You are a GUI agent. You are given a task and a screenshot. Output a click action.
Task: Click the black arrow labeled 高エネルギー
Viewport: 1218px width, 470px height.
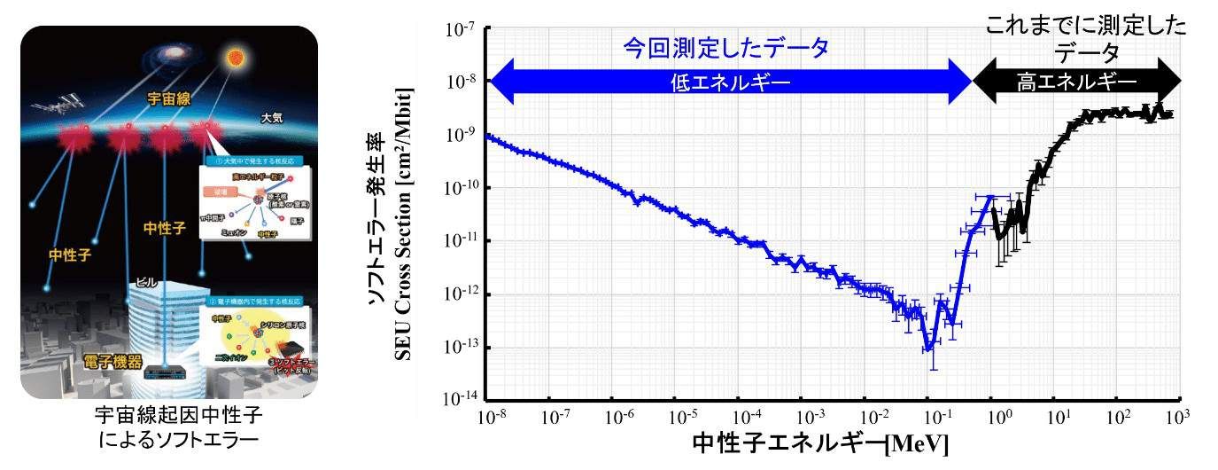[x=1076, y=82]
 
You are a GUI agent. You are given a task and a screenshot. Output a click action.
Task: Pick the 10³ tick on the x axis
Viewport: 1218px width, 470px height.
[x=1176, y=416]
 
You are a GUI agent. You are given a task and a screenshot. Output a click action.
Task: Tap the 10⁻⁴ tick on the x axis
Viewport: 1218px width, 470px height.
[x=749, y=416]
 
